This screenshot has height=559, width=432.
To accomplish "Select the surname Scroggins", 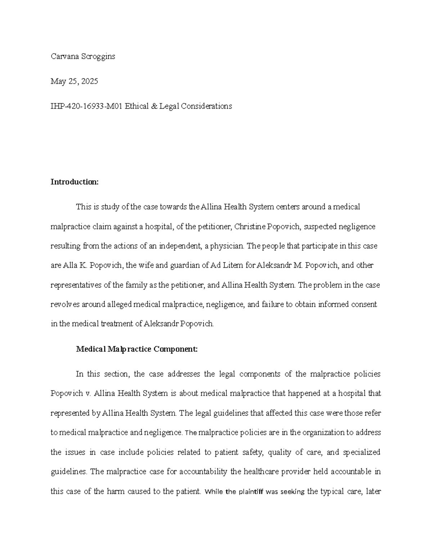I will (98, 57).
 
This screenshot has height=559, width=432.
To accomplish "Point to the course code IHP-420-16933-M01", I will (86, 106).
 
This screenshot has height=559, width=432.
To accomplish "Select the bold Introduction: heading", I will (75, 182).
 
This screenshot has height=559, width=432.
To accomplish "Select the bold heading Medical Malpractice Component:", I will (137, 349).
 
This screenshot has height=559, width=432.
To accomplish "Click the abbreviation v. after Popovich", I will (88, 393).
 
